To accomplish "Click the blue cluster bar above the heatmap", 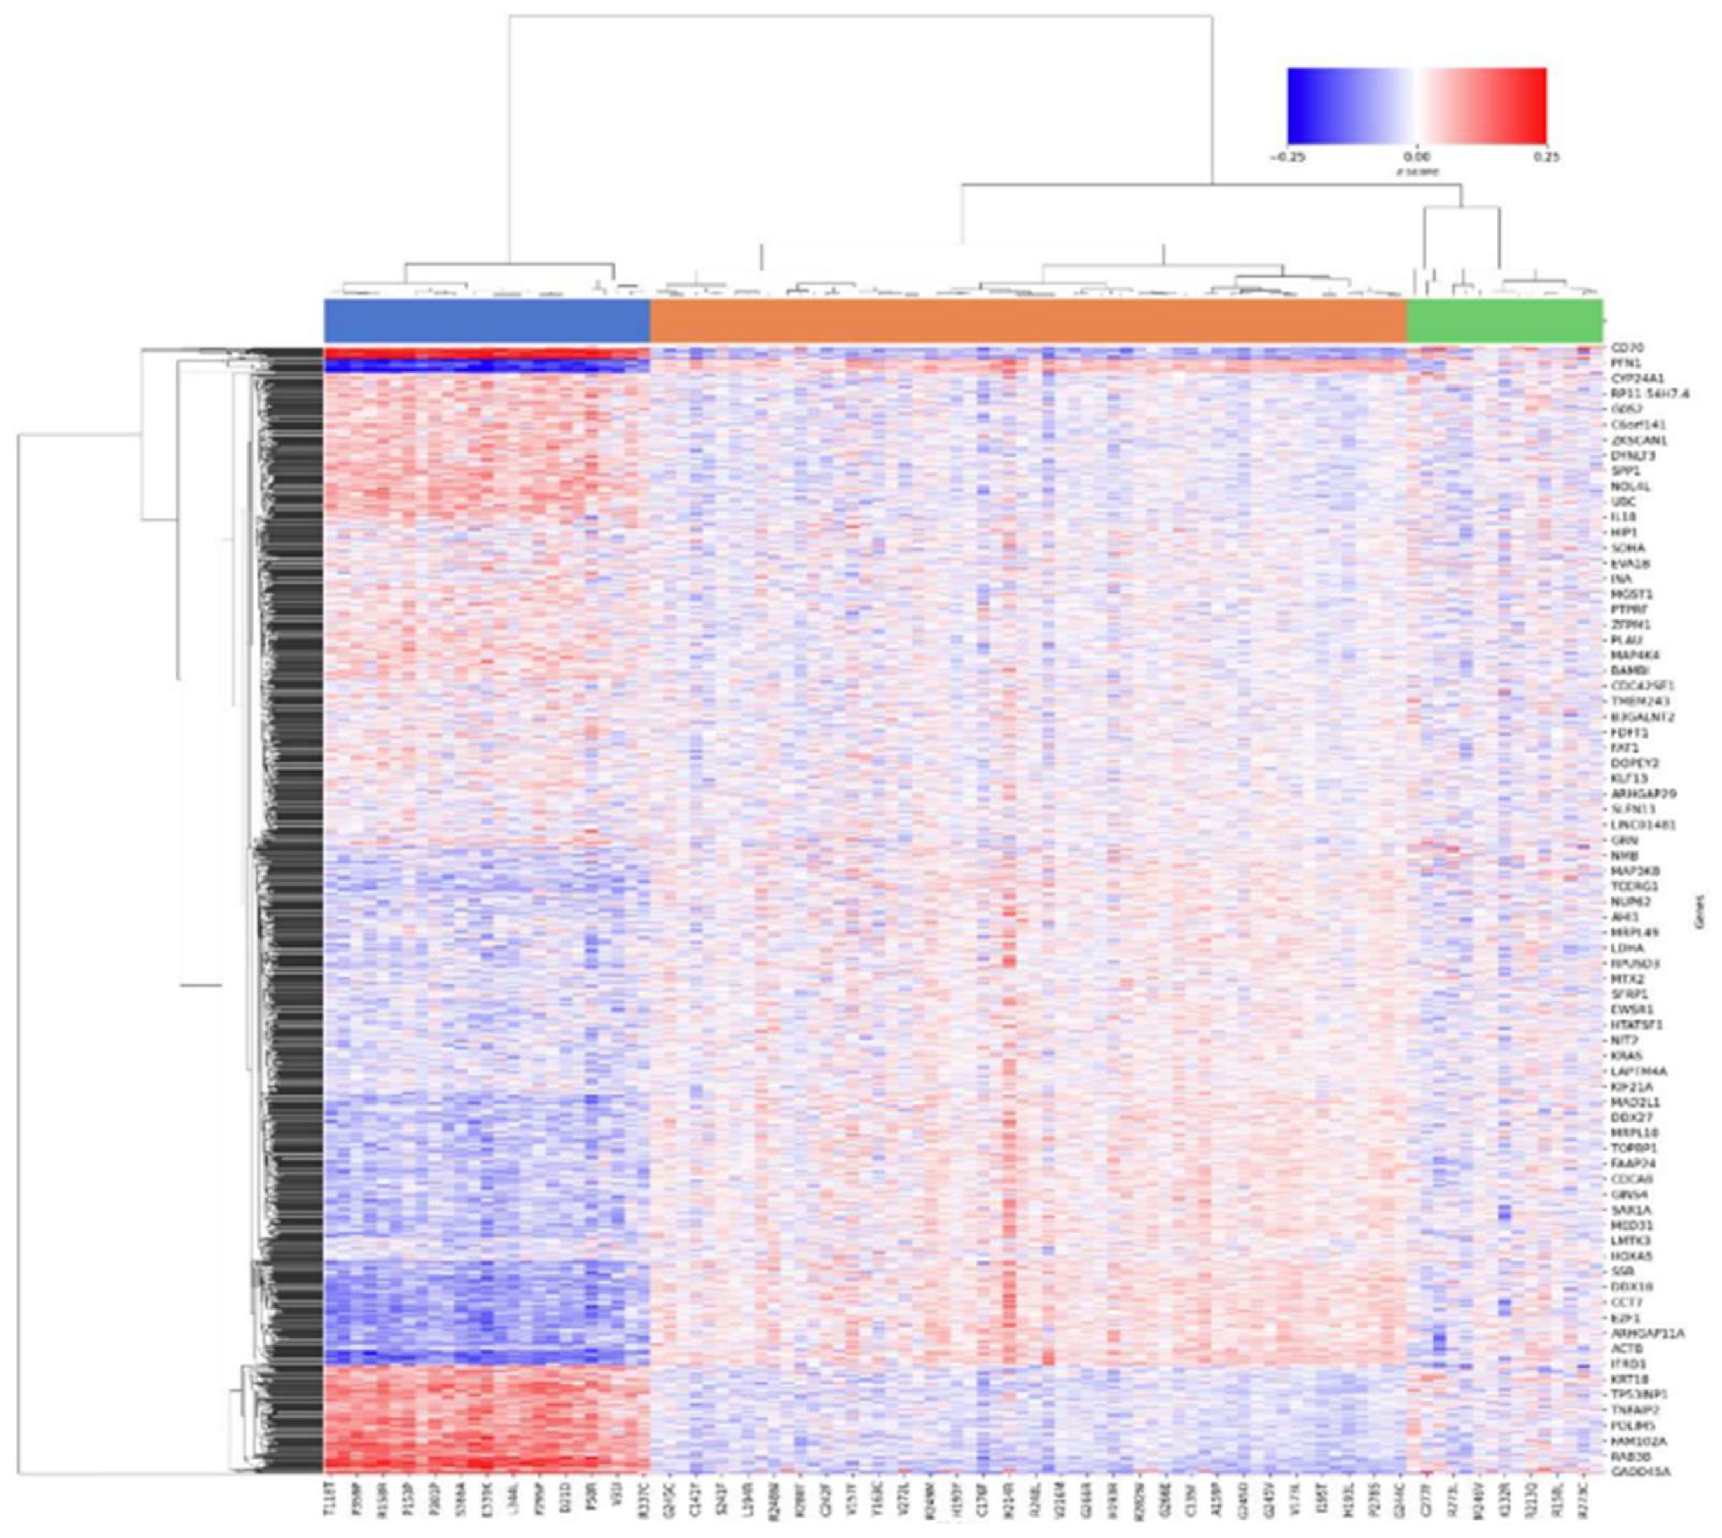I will pos(486,321).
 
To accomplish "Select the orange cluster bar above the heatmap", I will pos(1027,321).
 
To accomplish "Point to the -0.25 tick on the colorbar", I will pos(1288,157).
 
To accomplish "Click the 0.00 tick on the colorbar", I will pos(1417,157).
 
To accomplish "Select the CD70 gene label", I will pos(1627,347).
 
